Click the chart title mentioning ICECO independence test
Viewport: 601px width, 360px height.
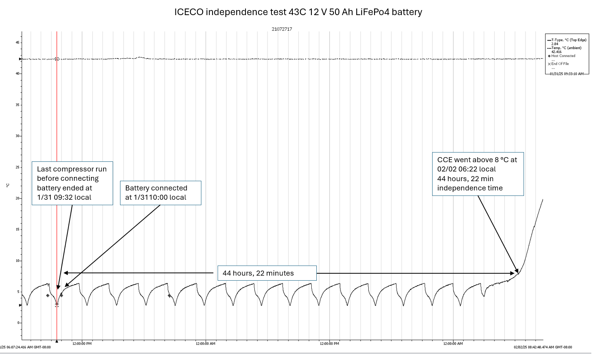pyautogui.click(x=298, y=12)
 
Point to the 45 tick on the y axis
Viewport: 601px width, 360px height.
pyautogui.click(x=18, y=43)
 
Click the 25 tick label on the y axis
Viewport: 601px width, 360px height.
pyautogui.click(x=18, y=167)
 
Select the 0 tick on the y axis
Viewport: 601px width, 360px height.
pyautogui.click(x=19, y=323)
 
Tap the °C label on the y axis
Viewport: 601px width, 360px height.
pyautogui.click(x=8, y=185)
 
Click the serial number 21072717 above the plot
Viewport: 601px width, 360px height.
pyautogui.click(x=282, y=29)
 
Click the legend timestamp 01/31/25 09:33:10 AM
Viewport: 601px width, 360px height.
pyautogui.click(x=567, y=74)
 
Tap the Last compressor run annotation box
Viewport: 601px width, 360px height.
pyautogui.click(x=72, y=183)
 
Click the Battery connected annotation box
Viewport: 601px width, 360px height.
pyautogui.click(x=161, y=193)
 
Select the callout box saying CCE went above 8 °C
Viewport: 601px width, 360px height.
pyautogui.click(x=478, y=174)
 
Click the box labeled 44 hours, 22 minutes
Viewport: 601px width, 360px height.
pyautogui.click(x=267, y=273)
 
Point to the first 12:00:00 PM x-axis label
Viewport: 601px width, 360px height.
pyautogui.click(x=82, y=344)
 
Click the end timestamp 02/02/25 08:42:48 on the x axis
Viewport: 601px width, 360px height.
pyautogui.click(x=543, y=347)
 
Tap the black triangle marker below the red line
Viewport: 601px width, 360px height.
pyautogui.click(x=57, y=341)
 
